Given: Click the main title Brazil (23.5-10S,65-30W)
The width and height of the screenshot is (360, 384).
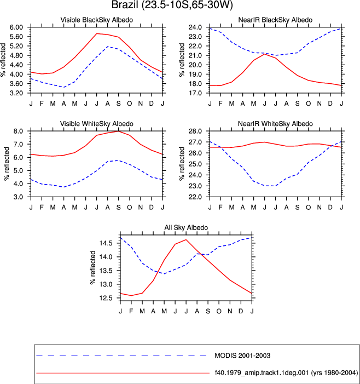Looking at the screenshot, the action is click(x=172, y=5).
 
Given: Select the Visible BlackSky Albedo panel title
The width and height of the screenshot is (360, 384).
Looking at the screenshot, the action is click(x=97, y=20).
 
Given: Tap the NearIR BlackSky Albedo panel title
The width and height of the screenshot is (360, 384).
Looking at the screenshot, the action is click(x=275, y=20).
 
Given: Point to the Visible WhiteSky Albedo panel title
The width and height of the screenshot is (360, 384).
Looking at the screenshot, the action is click(x=97, y=124).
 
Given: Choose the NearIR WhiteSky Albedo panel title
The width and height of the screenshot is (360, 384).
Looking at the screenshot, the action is click(x=275, y=124).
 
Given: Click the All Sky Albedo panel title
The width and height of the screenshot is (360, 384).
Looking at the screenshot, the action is click(x=186, y=227).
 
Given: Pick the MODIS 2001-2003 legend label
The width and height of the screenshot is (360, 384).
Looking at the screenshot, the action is click(x=242, y=356).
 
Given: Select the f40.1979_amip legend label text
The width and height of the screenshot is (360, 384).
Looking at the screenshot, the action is click(x=286, y=372).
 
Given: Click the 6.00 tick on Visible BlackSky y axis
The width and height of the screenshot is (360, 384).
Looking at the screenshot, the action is click(x=16, y=27).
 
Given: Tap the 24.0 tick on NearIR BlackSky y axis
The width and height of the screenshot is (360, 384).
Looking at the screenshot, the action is click(x=195, y=27).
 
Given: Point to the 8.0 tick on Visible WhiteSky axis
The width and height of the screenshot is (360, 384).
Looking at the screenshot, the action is click(x=18, y=131).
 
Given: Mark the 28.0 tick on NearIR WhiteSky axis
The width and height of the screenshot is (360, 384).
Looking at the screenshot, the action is click(x=195, y=131).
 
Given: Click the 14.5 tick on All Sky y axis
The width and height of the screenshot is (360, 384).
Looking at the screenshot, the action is click(x=106, y=243).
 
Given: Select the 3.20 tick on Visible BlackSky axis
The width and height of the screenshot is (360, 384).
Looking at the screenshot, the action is click(x=16, y=93).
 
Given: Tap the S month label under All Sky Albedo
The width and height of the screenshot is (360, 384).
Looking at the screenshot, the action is click(x=208, y=311).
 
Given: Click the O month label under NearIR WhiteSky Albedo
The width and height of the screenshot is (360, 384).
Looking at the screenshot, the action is click(x=309, y=207).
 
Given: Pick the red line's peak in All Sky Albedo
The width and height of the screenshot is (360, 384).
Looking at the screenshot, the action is click(x=186, y=240).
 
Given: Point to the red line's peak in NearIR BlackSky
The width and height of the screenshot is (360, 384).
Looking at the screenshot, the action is click(x=265, y=54).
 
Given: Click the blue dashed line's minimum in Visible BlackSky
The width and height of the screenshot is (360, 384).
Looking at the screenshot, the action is click(x=63, y=87).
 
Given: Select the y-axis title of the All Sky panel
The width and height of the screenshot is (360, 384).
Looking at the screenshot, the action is click(x=93, y=267).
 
